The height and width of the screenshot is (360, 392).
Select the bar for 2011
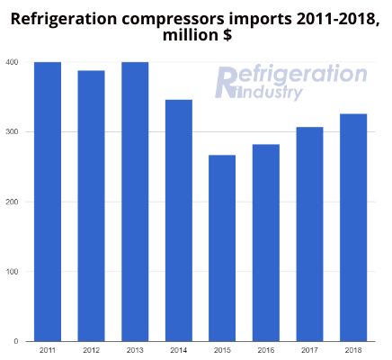point(48,202)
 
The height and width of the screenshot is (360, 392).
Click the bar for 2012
point(91,206)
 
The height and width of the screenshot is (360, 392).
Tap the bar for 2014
point(179,220)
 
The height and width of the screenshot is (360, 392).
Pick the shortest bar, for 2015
point(222,248)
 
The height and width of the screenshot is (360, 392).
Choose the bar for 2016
point(266,243)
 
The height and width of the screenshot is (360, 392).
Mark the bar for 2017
point(309,234)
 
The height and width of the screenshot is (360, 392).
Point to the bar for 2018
point(353,228)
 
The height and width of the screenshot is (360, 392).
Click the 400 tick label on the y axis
point(12,62)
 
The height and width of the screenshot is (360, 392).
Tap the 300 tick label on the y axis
point(12,131)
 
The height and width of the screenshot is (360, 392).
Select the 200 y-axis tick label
point(12,202)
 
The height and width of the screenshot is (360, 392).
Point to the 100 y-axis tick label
point(12,272)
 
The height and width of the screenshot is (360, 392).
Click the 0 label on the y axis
point(16,341)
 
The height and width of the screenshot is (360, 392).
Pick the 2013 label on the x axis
point(135,350)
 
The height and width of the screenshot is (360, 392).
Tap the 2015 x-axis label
point(222,350)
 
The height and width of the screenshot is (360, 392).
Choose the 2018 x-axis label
point(353,350)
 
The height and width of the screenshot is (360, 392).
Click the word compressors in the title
point(173,20)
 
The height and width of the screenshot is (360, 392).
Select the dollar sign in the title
point(227,35)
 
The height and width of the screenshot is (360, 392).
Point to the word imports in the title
point(261,20)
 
